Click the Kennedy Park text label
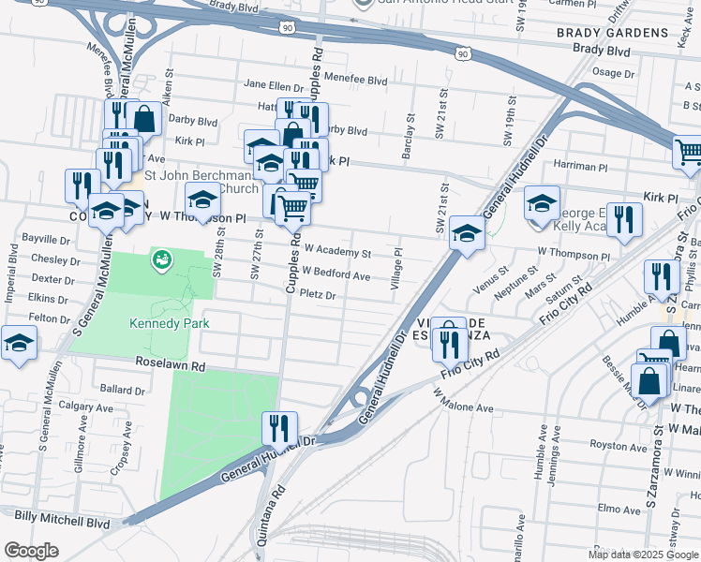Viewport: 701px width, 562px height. click(x=169, y=323)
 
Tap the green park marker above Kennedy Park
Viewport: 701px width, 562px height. click(x=161, y=259)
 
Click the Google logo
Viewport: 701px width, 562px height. click(x=31, y=551)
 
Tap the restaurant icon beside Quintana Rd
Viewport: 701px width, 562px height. click(x=279, y=428)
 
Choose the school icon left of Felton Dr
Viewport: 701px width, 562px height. click(x=18, y=342)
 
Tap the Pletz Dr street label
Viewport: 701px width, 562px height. click(x=318, y=295)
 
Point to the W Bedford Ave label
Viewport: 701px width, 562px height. click(x=336, y=275)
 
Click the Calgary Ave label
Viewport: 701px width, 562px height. click(x=85, y=407)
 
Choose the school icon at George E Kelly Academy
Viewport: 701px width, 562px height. click(x=542, y=202)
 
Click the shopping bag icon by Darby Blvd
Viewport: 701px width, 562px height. click(x=144, y=119)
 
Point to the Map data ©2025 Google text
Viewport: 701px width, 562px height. click(x=642, y=555)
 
